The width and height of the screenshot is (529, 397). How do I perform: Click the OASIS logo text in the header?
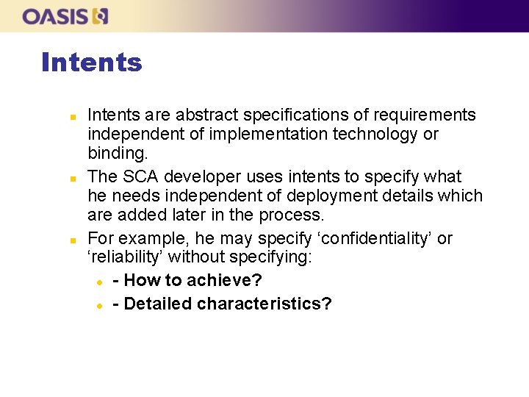click(56, 16)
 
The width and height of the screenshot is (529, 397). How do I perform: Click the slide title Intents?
click(91, 62)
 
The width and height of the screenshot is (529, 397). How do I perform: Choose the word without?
click(209, 258)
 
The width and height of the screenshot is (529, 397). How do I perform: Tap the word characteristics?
click(264, 304)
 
